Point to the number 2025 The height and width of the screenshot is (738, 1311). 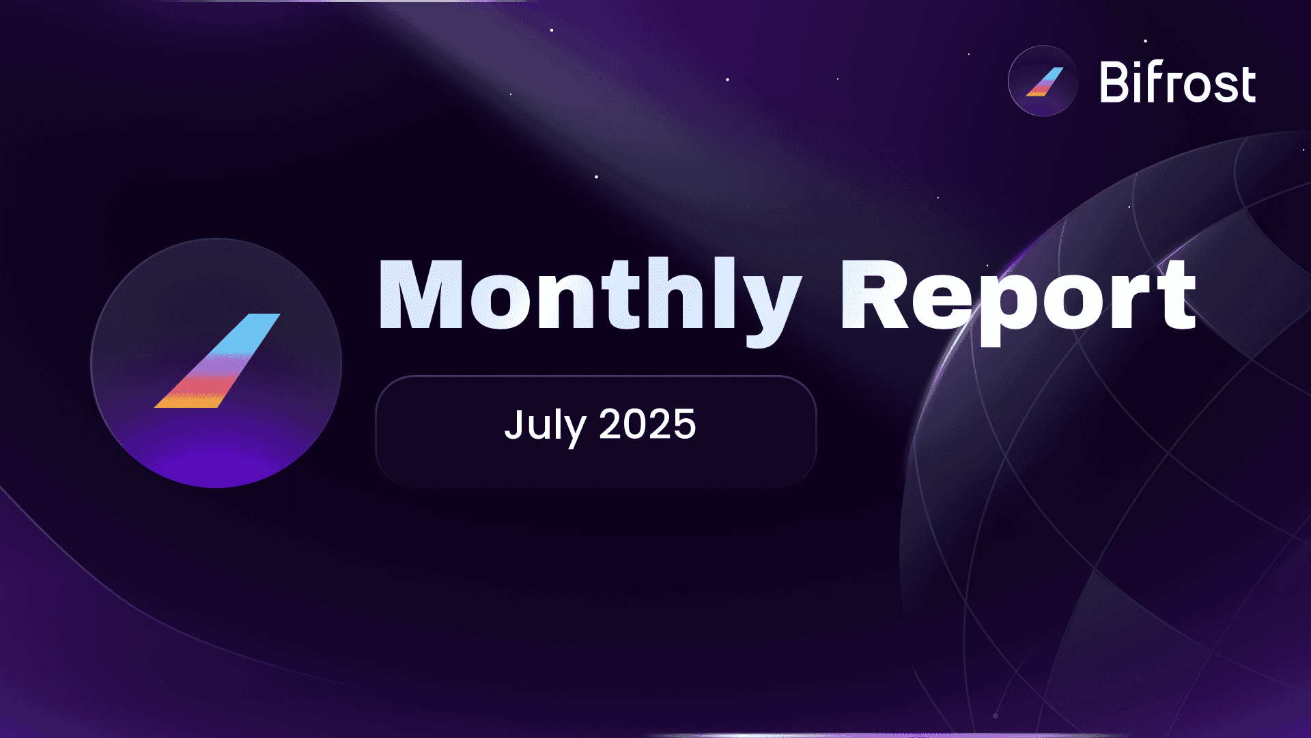pos(647,424)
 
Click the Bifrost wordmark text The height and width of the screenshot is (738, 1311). pos(1178,83)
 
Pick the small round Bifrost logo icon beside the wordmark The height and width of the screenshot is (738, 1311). pos(1043,81)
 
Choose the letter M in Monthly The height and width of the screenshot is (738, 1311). pos(421,295)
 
